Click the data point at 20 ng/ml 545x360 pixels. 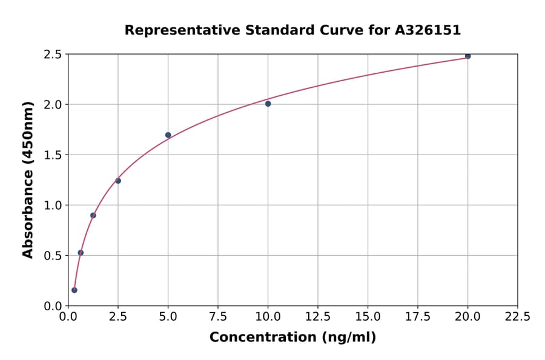click(x=467, y=56)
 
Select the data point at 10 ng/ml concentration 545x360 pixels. click(x=268, y=104)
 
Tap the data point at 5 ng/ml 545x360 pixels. click(x=168, y=135)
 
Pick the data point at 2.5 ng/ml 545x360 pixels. click(x=118, y=181)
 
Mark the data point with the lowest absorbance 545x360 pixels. click(x=74, y=290)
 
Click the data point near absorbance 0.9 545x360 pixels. click(x=93, y=215)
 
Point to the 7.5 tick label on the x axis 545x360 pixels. click(x=218, y=316)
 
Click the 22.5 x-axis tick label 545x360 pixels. click(x=517, y=316)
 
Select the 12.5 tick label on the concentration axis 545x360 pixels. click(x=317, y=316)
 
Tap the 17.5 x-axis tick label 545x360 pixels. click(x=417, y=316)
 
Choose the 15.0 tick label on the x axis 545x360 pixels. click(x=368, y=316)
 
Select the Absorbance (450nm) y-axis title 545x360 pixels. click(x=28, y=179)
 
